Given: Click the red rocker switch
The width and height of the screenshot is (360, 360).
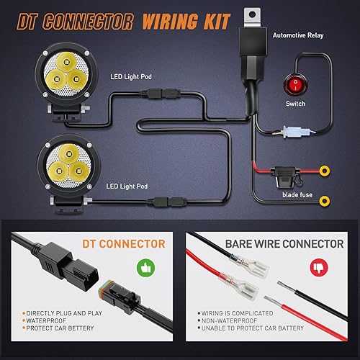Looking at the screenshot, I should (x=295, y=83).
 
